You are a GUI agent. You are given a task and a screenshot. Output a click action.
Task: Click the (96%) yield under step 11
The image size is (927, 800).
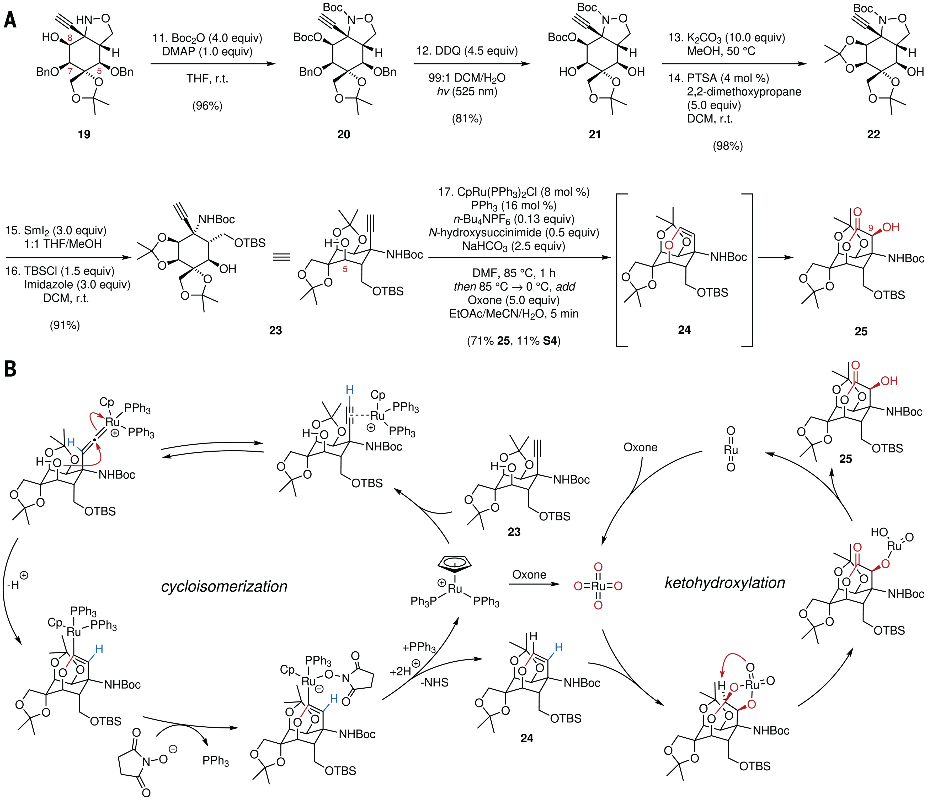point(207,106)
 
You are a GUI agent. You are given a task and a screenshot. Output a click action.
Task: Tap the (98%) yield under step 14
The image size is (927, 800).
point(727,146)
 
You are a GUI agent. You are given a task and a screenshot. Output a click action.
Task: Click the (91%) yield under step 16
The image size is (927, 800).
point(65,325)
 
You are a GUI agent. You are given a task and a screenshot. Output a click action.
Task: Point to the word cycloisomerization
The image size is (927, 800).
point(224,586)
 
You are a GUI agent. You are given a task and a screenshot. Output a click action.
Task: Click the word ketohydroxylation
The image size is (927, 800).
point(725,582)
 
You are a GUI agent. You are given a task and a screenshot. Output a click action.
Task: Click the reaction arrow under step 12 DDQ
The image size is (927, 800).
point(472,64)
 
